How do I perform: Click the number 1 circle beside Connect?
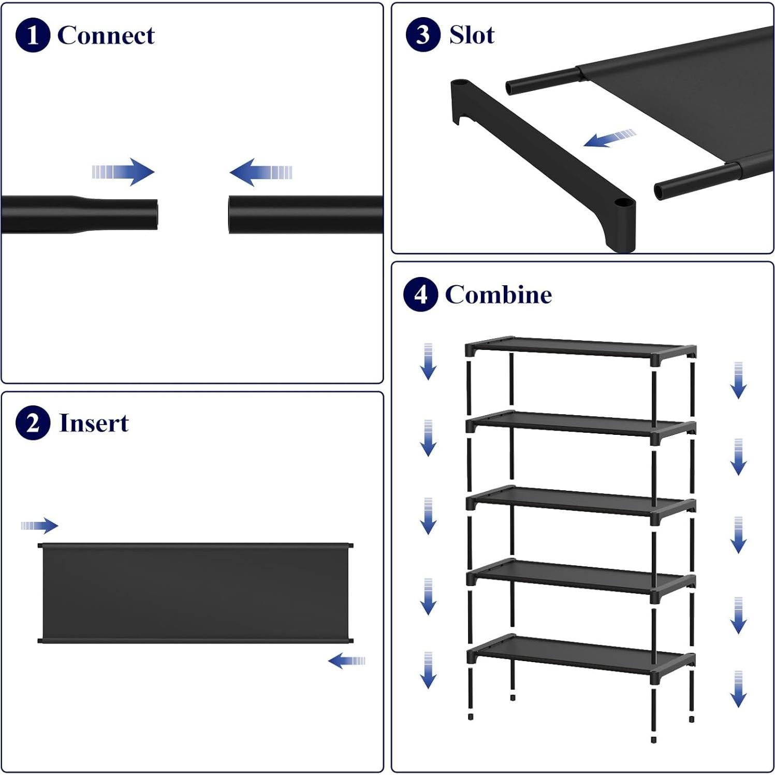point(33,35)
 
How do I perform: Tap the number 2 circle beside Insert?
point(33,423)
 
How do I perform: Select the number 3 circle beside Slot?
point(423,35)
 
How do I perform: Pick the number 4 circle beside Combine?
point(420,294)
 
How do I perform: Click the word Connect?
point(106,35)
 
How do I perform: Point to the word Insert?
point(94,423)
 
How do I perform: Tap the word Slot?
point(472,35)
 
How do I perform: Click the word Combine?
point(498,295)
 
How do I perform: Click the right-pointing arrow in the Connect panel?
point(124,171)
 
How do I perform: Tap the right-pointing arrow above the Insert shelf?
point(40,525)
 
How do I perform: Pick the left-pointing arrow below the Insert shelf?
point(346,661)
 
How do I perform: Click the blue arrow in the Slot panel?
point(609,138)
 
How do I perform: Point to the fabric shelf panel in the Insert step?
point(196,593)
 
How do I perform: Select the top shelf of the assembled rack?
point(580,347)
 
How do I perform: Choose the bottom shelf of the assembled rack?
point(580,653)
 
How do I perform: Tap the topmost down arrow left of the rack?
point(428,361)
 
